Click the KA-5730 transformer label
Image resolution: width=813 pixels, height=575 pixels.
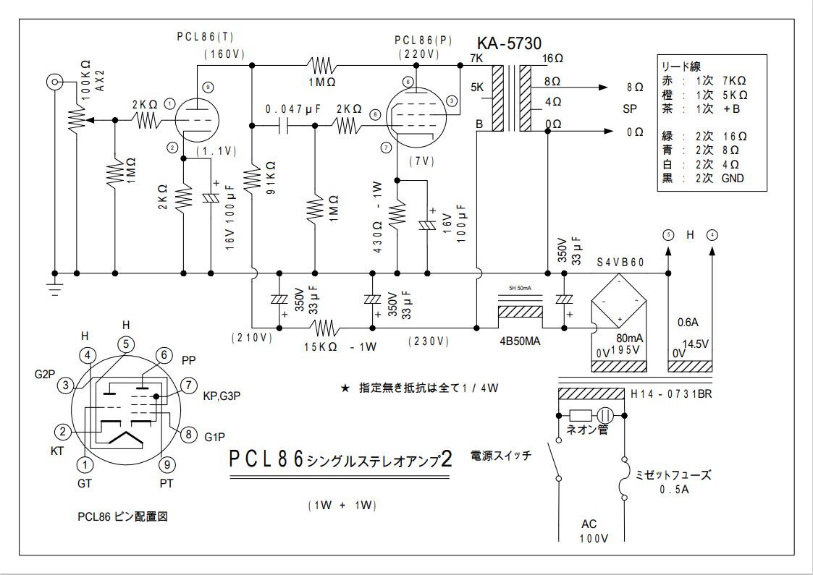[509, 43]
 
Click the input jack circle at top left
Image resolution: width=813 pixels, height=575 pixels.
[54, 82]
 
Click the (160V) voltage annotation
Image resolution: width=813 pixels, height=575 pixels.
[226, 54]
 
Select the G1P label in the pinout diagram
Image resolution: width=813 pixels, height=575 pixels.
[215, 437]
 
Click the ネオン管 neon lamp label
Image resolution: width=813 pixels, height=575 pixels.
[586, 431]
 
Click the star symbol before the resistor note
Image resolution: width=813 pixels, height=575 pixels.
[345, 388]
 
